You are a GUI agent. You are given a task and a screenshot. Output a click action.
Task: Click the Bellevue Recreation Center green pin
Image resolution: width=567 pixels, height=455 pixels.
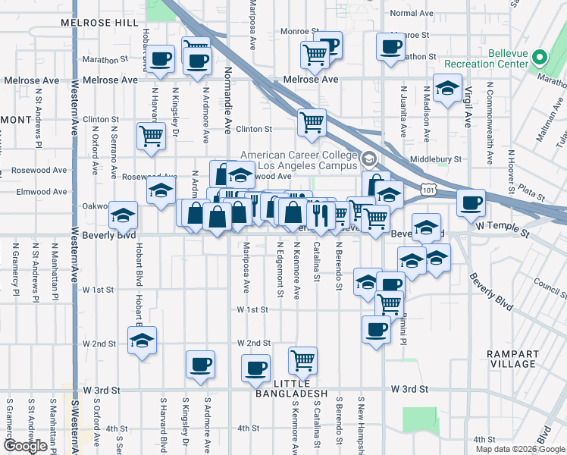(540, 58)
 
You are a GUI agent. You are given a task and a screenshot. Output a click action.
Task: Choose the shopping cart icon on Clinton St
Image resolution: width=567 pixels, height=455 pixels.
(312, 121)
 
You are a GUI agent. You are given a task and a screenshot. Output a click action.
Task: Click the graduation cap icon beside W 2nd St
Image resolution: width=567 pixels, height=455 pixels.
(142, 340)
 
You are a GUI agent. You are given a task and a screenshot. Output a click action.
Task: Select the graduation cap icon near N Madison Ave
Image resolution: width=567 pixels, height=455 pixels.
(447, 87)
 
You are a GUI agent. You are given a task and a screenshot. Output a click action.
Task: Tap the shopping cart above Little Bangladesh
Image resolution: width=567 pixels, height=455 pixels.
(302, 359)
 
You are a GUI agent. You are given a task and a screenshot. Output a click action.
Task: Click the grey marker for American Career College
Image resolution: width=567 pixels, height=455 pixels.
(369, 159)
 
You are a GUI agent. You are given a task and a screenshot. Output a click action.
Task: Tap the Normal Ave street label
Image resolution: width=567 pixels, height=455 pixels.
(411, 13)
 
